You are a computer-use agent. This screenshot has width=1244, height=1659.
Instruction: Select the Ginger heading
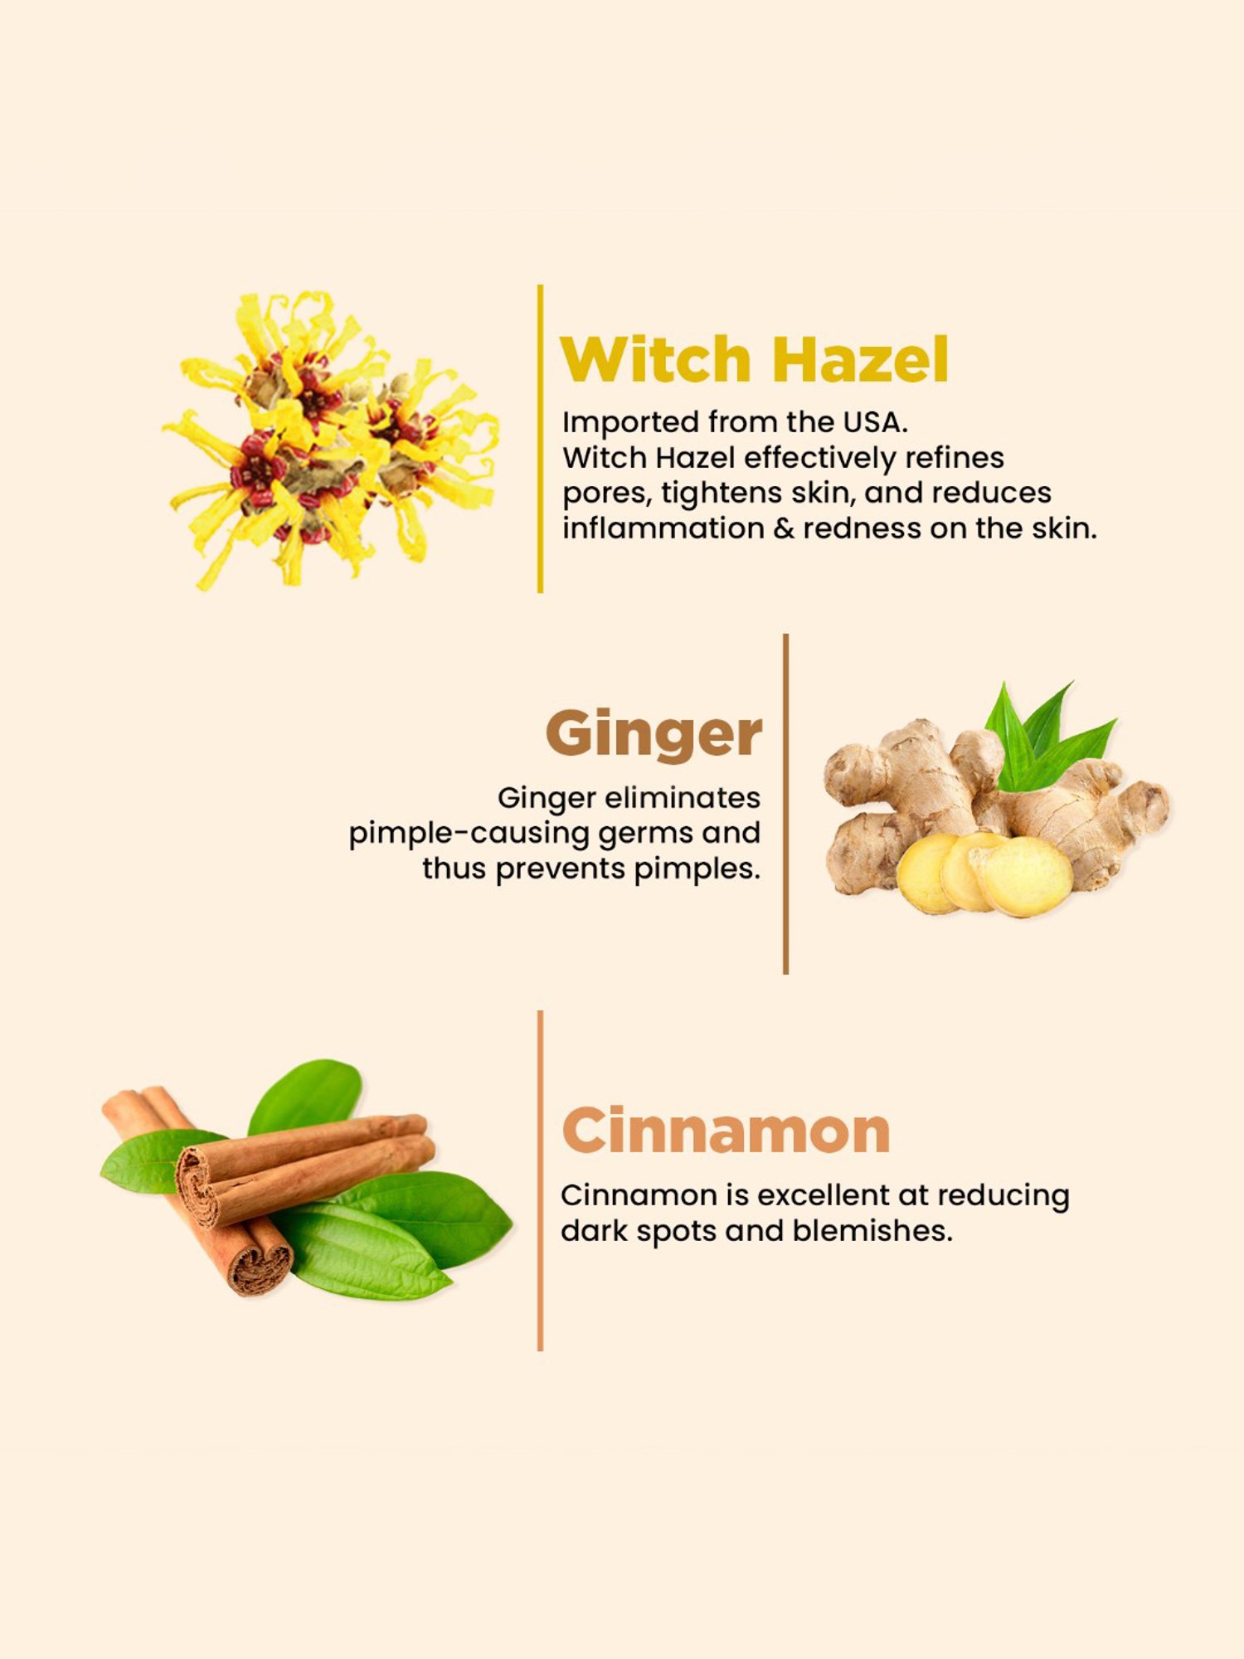point(654,734)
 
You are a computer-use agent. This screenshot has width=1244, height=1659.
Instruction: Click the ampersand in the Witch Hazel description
point(783,528)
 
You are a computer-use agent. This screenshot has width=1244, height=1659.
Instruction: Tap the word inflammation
point(663,528)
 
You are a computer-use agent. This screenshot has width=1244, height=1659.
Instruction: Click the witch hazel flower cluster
point(332,440)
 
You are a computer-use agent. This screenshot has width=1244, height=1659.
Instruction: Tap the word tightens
point(721,494)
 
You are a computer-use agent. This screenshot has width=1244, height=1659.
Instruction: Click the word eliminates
point(682,798)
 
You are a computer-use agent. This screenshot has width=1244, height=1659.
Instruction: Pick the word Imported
point(629,423)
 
